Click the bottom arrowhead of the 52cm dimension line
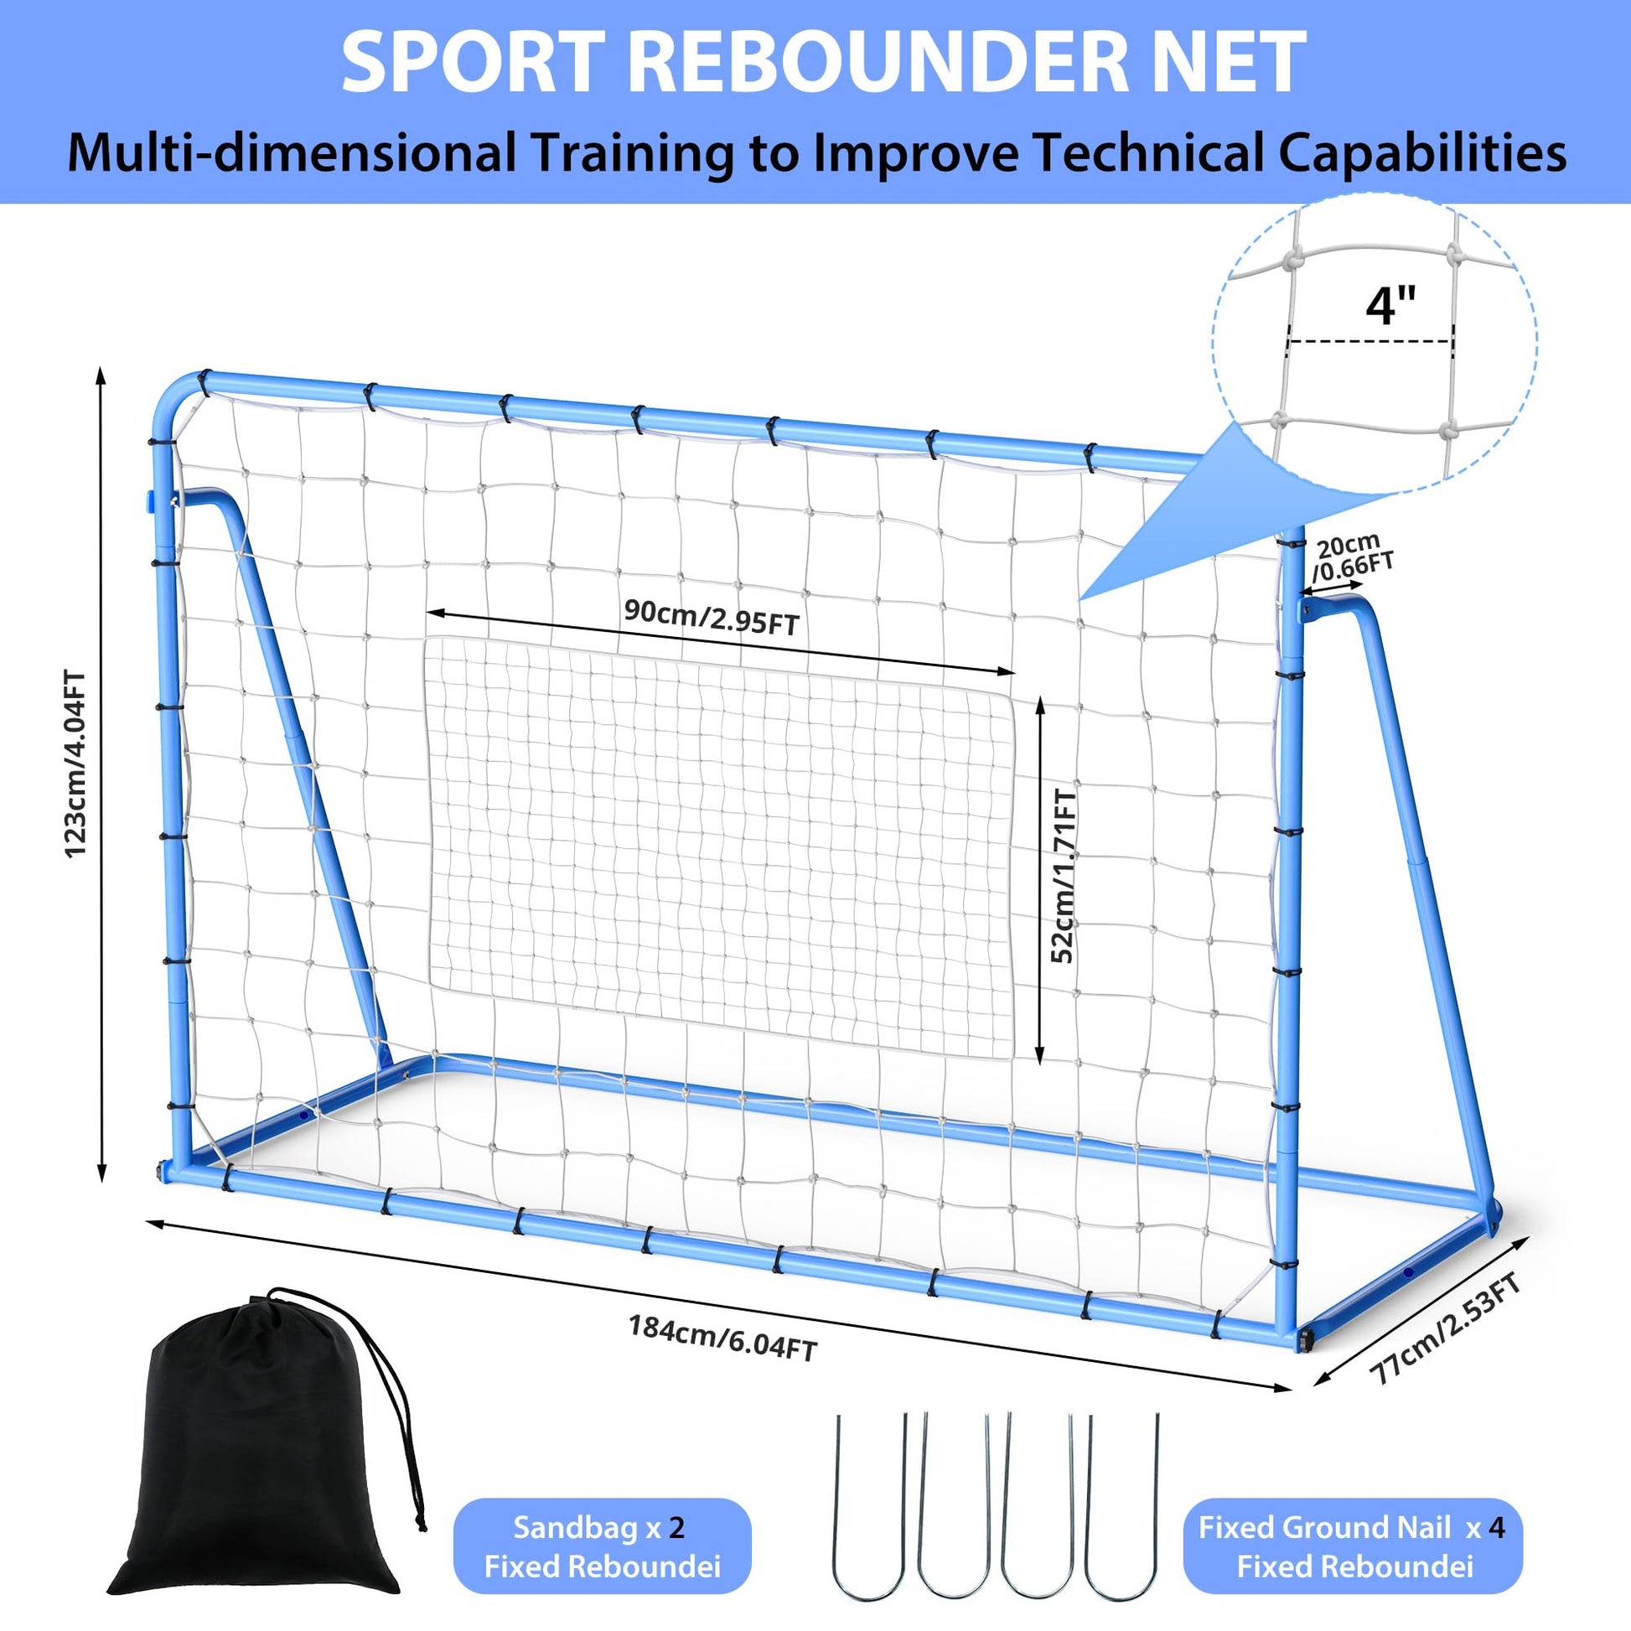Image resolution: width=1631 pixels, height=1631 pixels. [1039, 1059]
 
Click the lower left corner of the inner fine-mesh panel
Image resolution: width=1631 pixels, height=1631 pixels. [432, 983]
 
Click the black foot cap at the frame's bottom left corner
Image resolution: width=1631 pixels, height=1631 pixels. [161, 1173]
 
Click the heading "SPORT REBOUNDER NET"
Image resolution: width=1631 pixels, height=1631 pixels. [824, 64]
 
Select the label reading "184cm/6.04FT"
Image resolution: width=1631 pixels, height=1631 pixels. [722, 1338]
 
